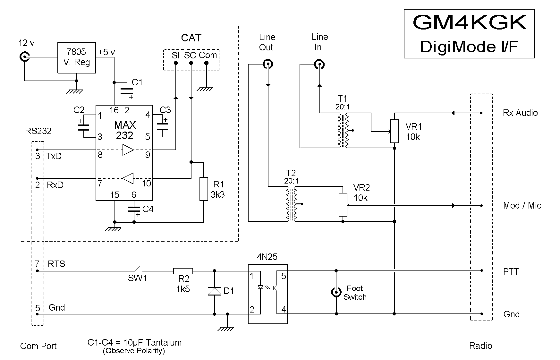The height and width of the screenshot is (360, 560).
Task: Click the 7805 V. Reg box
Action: pyautogui.click(x=76, y=57)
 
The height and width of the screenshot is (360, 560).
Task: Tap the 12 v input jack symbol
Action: pyautogui.click(x=24, y=57)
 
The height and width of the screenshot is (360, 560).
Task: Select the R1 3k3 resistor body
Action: pyautogui.click(x=204, y=189)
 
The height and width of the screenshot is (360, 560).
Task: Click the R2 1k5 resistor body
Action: pyautogui.click(x=183, y=271)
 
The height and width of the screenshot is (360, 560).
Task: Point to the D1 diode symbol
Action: pyautogui.click(x=214, y=291)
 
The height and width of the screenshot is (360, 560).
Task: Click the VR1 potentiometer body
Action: pyautogui.click(x=395, y=131)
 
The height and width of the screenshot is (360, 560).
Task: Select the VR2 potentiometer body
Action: pyautogui.click(x=343, y=205)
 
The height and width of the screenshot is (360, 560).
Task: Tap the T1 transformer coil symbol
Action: pyautogui.click(x=343, y=131)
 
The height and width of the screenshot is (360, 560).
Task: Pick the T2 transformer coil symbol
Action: pyautogui.click(x=291, y=204)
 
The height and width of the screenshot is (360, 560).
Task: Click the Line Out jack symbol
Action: pyautogui.click(x=268, y=64)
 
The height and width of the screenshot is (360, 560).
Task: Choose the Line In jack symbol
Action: pyautogui.click(x=319, y=64)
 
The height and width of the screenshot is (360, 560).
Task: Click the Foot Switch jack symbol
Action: pyautogui.click(x=336, y=292)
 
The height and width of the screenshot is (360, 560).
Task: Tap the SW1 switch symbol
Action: pyautogui.click(x=137, y=269)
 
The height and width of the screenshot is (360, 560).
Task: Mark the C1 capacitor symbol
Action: pyautogui.click(x=127, y=91)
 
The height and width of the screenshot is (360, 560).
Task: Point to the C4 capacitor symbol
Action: pyautogui.click(x=134, y=209)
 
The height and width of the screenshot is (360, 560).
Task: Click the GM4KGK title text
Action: pyautogui.click(x=469, y=22)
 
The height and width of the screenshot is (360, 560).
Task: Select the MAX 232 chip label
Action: pyautogui.click(x=125, y=130)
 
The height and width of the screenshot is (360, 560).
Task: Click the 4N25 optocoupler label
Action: pyautogui.click(x=267, y=257)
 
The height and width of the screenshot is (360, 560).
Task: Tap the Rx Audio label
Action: pyautogui.click(x=520, y=113)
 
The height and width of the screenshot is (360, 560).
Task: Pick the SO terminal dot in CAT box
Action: pyautogui.click(x=191, y=63)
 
